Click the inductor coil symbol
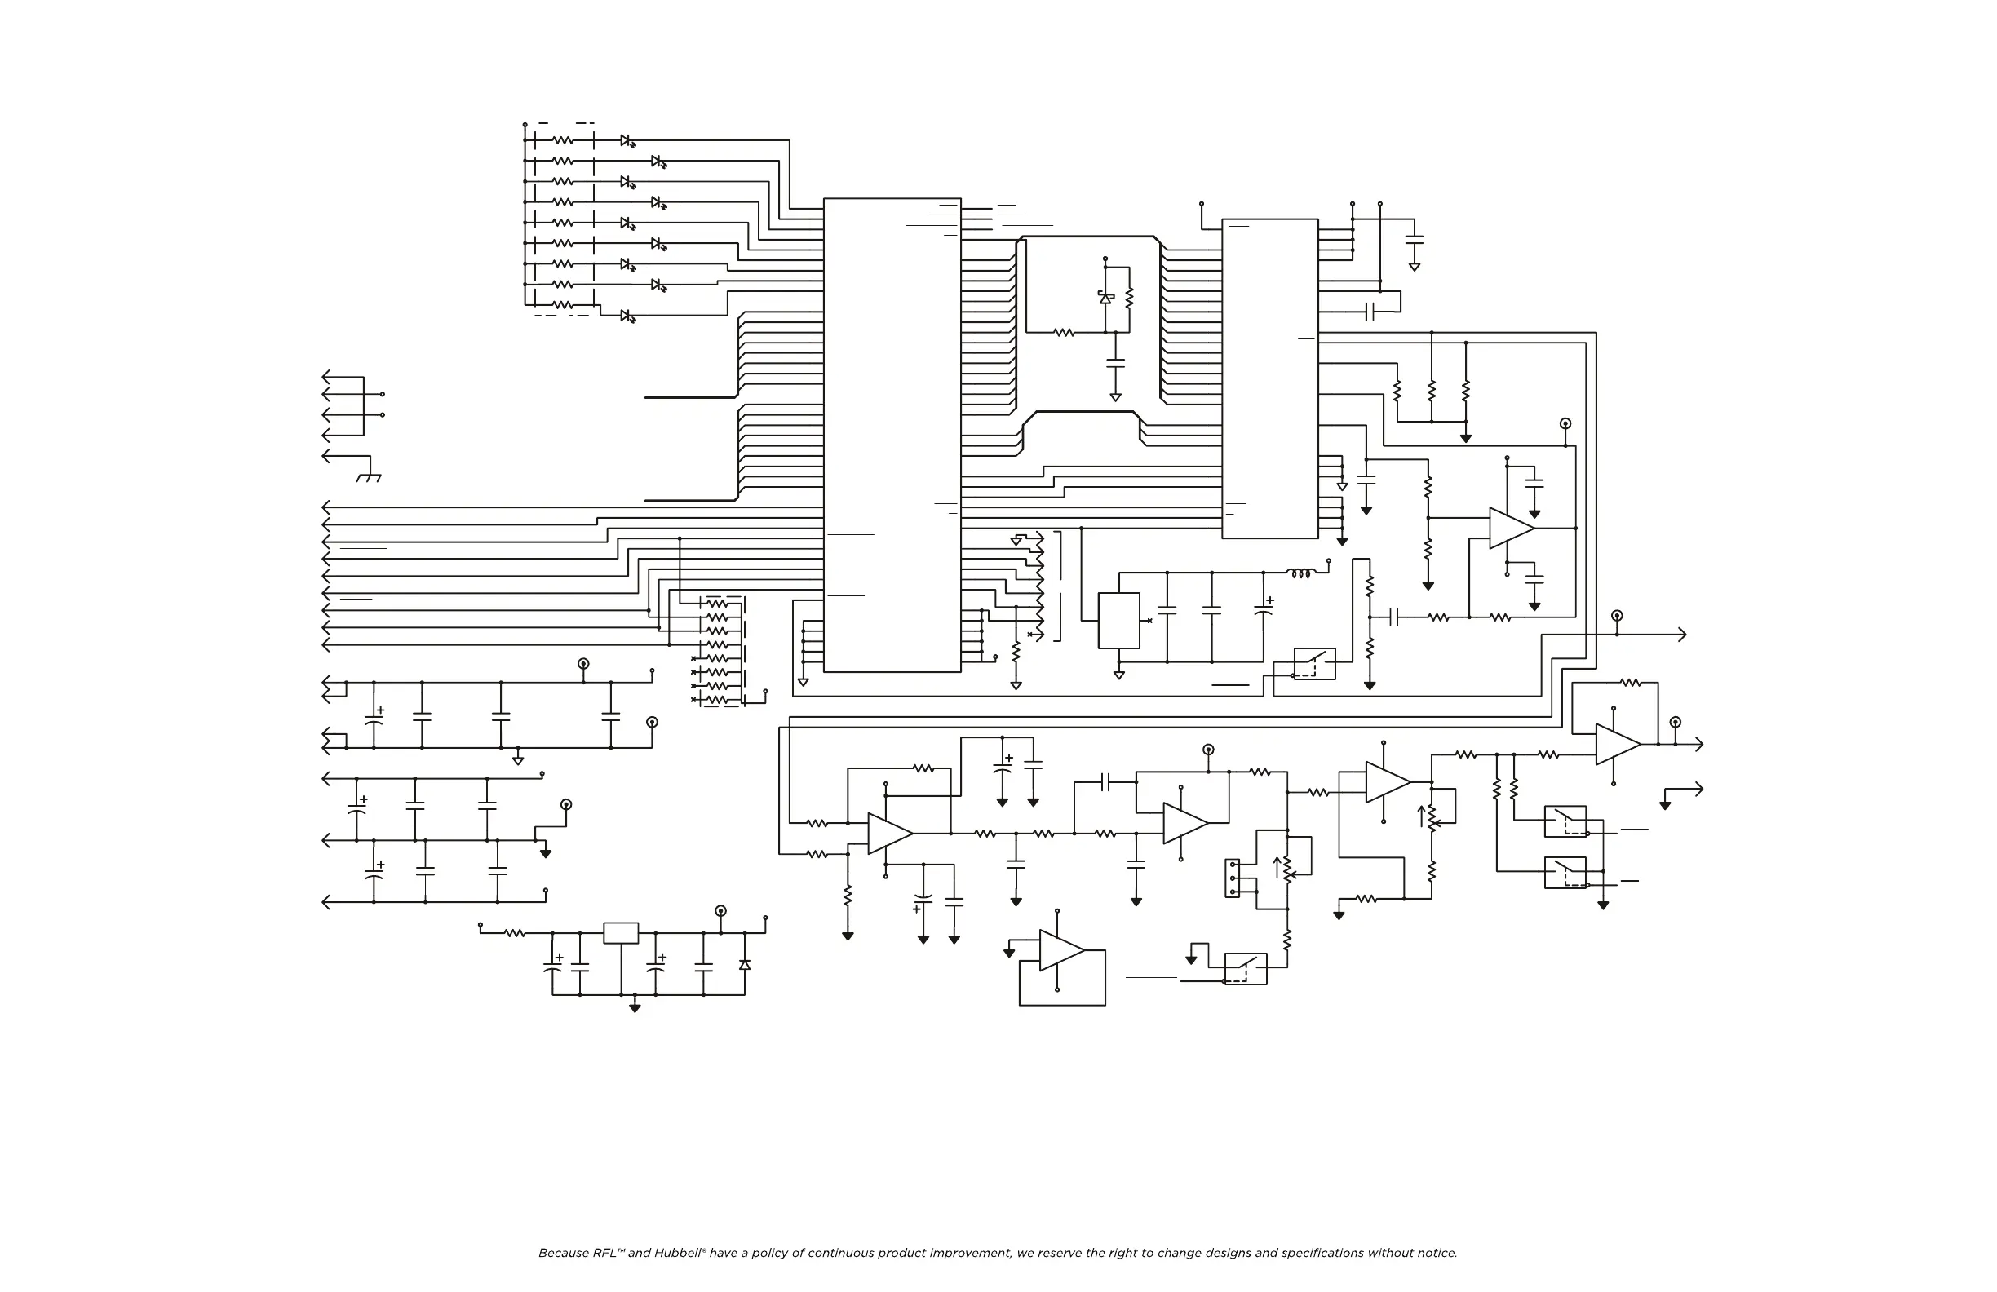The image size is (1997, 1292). [x=1300, y=574]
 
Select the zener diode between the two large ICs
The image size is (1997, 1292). [x=1106, y=298]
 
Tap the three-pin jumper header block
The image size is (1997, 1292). [x=1233, y=878]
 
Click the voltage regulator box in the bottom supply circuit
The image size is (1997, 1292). [x=621, y=933]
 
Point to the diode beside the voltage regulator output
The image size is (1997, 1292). [x=744, y=965]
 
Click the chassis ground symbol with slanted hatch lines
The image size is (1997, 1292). [x=369, y=477]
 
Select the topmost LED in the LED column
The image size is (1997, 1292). [x=627, y=141]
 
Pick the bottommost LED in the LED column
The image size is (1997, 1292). [x=627, y=316]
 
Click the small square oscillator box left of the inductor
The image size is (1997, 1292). [x=1118, y=621]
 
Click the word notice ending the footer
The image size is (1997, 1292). [x=1437, y=1254]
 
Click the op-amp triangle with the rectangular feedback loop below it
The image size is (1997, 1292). [x=1061, y=950]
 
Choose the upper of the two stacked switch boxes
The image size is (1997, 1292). [x=1565, y=821]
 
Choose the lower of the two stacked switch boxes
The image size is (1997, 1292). [x=1565, y=873]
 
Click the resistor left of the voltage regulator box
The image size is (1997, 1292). [x=515, y=933]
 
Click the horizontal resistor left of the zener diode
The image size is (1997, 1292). [x=1064, y=332]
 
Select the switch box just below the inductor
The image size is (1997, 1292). [x=1314, y=664]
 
